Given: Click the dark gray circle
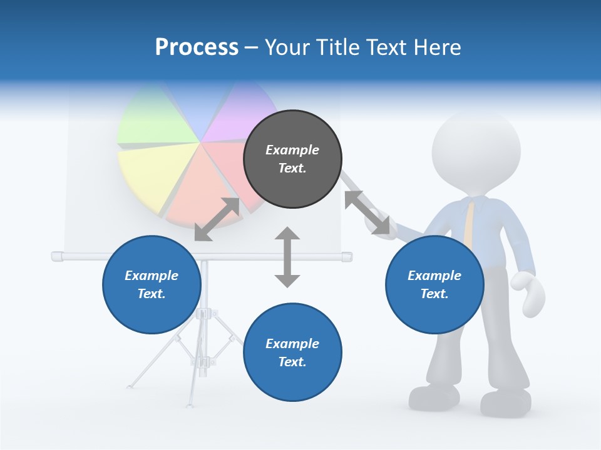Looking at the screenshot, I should pyautogui.click(x=292, y=159).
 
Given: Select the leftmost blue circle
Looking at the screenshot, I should pyautogui.click(x=152, y=284).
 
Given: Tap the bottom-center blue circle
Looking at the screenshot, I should pyautogui.click(x=292, y=352).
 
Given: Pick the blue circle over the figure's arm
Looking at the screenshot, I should pyautogui.click(x=434, y=284).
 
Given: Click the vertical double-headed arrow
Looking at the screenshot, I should pyautogui.click(x=287, y=257).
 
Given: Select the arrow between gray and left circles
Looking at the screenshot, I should pyautogui.click(x=217, y=219).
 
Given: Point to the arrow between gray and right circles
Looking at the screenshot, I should pyautogui.click(x=366, y=212).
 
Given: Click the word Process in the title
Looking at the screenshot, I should pyautogui.click(x=197, y=47).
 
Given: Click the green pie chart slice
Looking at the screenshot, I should pyautogui.click(x=157, y=122).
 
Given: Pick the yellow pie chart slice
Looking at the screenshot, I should pyautogui.click(x=147, y=172).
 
